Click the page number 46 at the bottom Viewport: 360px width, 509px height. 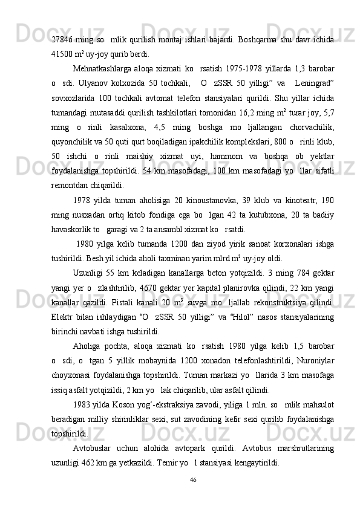(193, 481)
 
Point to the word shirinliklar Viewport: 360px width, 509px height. (165, 417)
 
